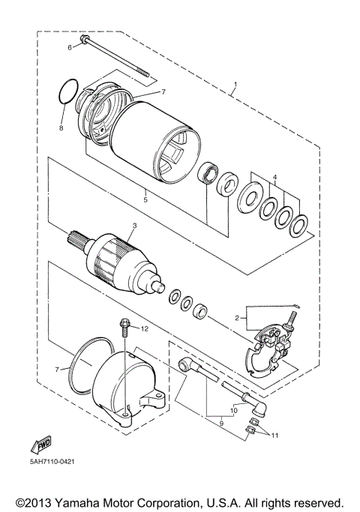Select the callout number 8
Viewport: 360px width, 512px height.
pos(61,128)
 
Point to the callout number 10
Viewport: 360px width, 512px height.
pos(233,410)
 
